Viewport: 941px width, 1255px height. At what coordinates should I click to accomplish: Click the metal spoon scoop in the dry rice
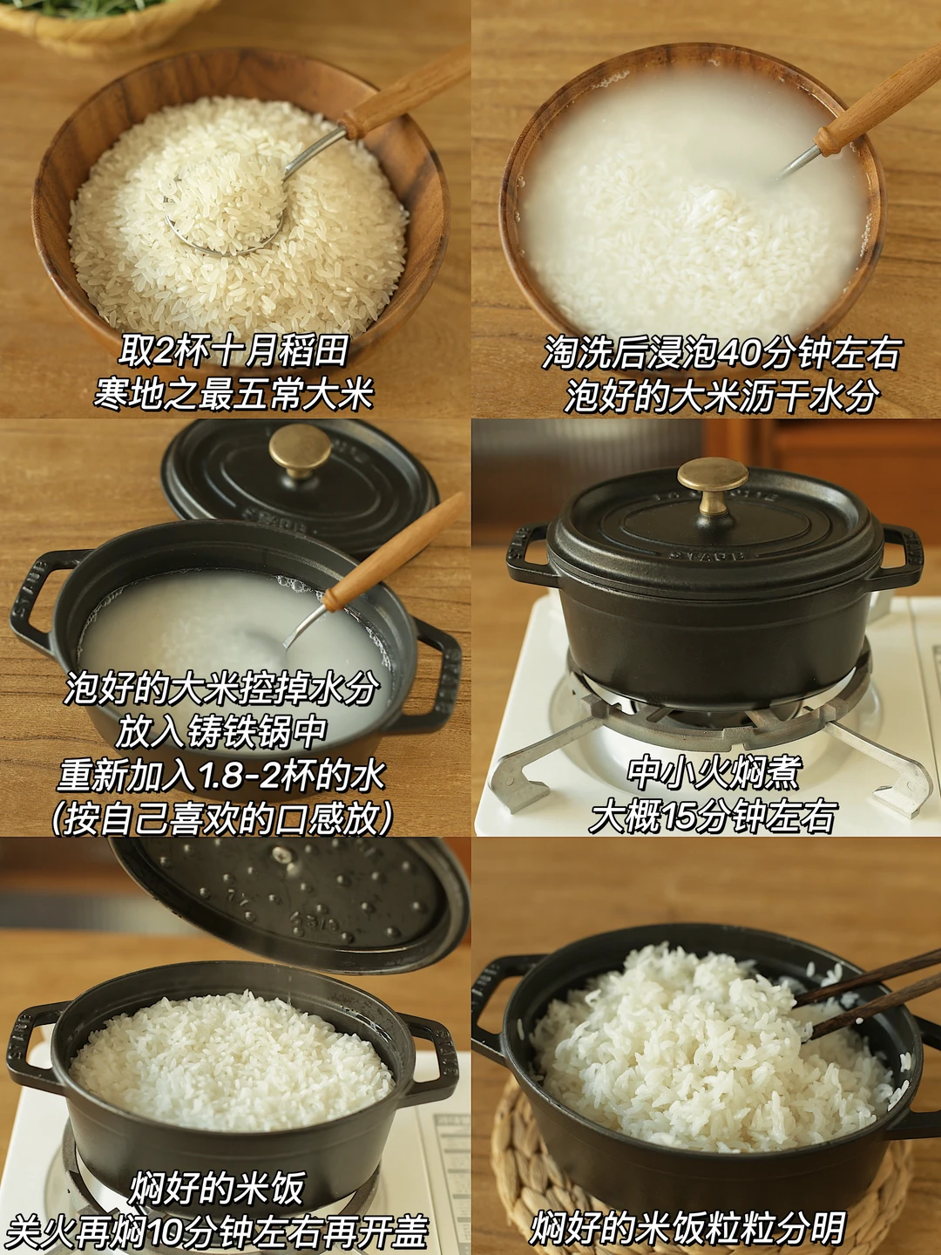(223, 212)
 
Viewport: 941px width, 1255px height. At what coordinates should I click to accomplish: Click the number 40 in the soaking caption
(736, 353)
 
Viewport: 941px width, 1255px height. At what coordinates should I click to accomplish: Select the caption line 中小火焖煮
(713, 771)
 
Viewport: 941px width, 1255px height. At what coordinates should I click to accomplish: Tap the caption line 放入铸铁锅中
(221, 732)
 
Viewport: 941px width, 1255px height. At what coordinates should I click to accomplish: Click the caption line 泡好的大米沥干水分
(721, 396)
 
